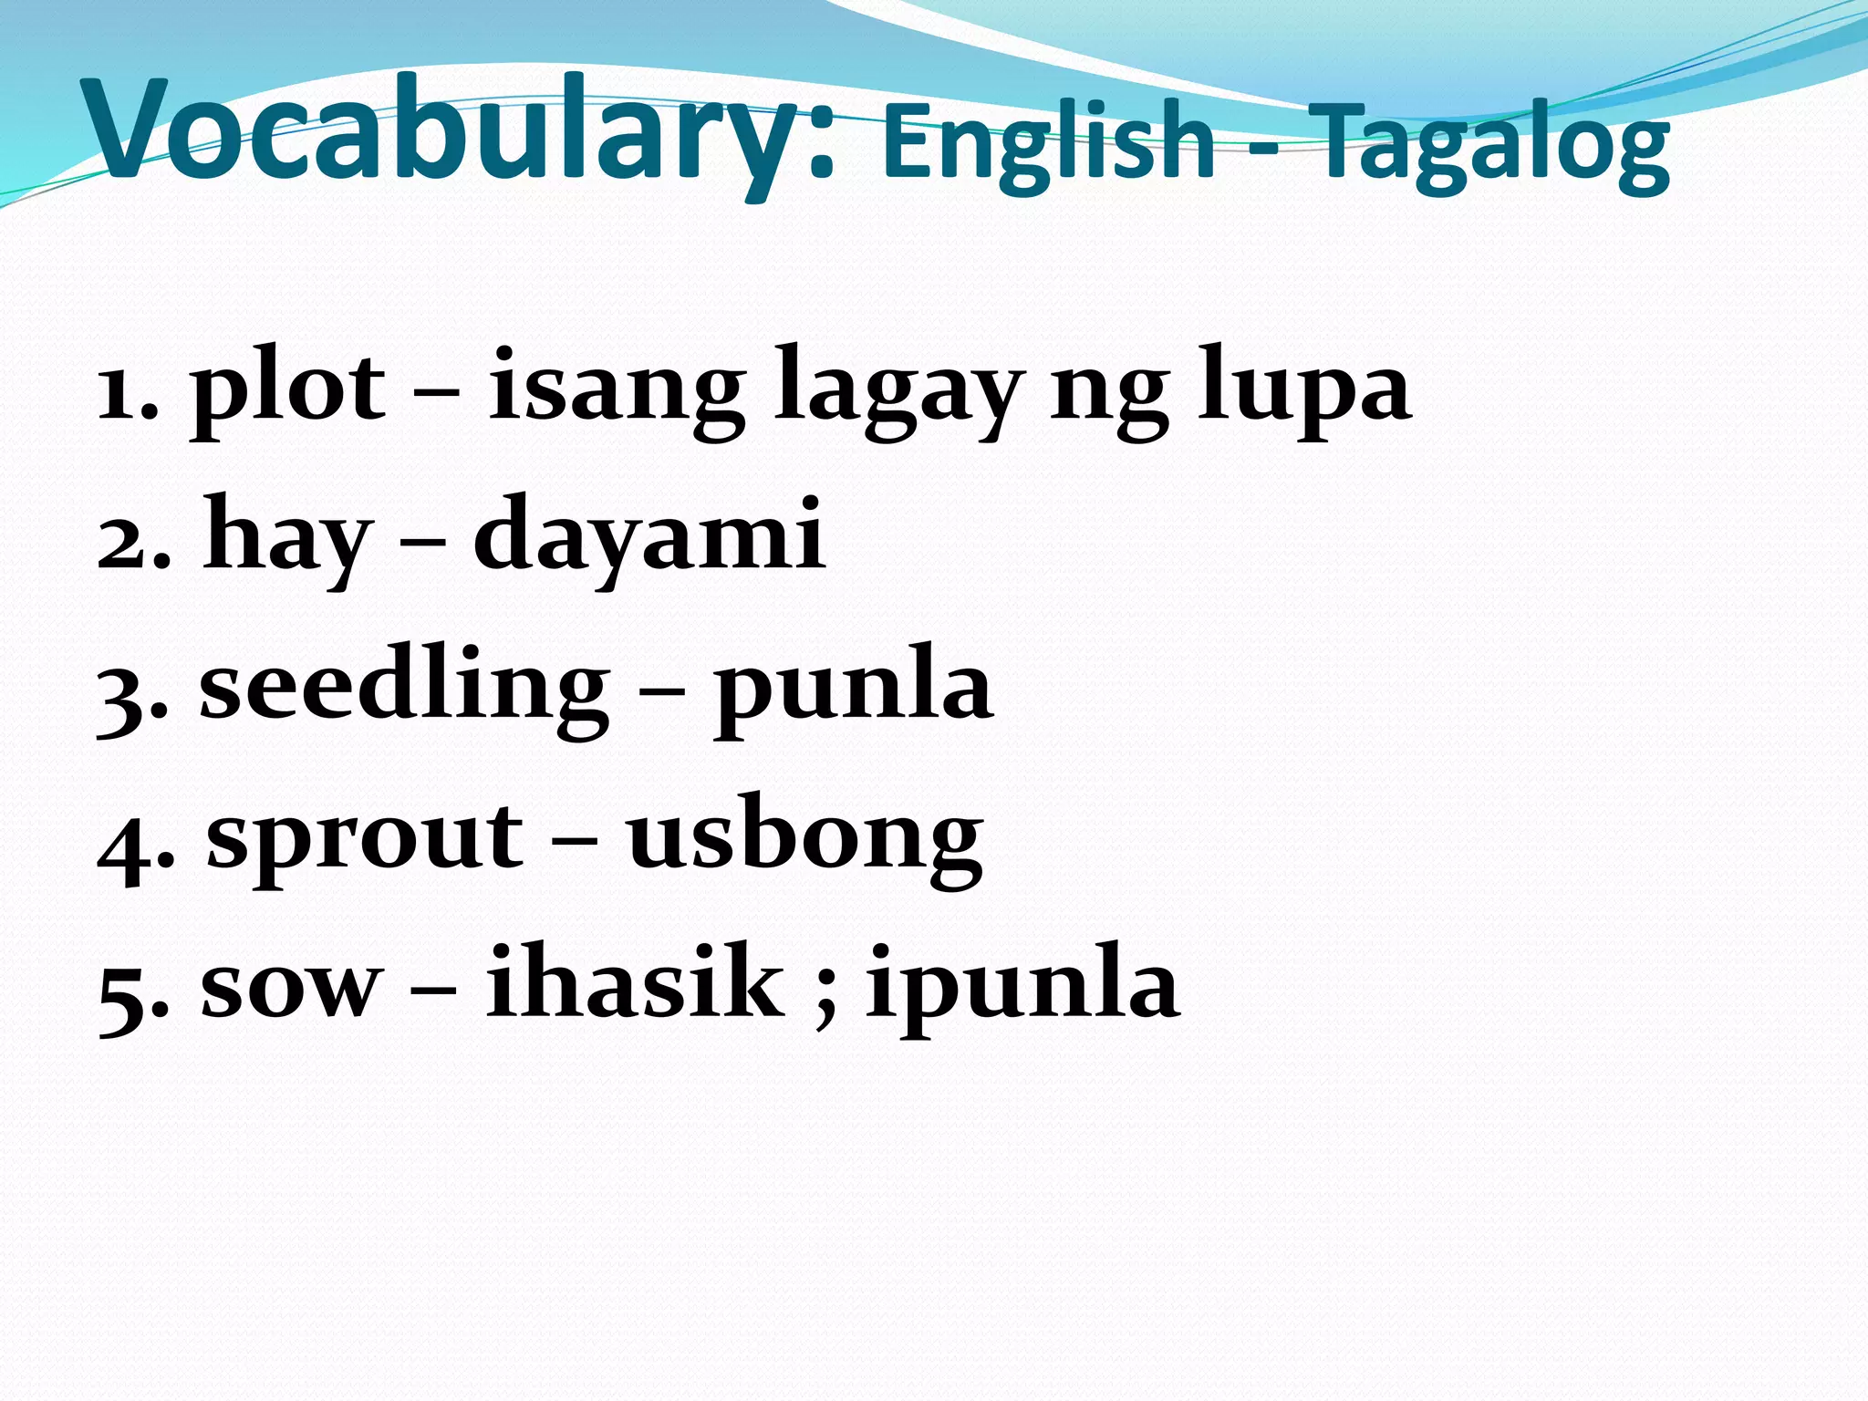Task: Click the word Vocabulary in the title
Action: pos(456,132)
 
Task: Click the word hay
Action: pos(287,538)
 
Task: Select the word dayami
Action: pos(649,538)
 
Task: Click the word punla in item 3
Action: pos(853,689)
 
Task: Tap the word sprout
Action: pos(365,839)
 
